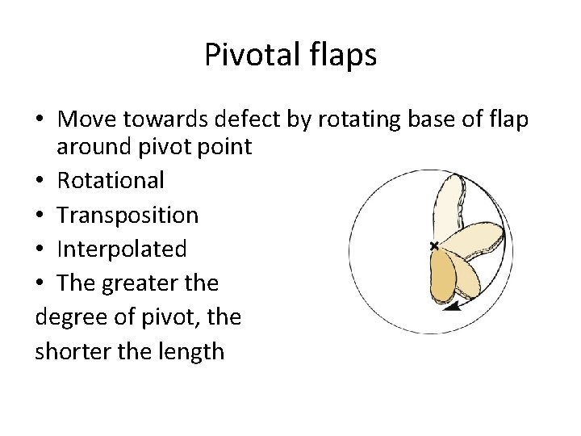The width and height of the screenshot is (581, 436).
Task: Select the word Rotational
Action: (x=111, y=180)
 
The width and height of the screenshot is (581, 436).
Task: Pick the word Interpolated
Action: (x=121, y=249)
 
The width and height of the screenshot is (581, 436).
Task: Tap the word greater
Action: (x=142, y=283)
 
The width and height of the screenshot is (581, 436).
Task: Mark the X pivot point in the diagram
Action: (x=434, y=245)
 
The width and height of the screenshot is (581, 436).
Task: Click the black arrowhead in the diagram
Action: (x=455, y=306)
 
